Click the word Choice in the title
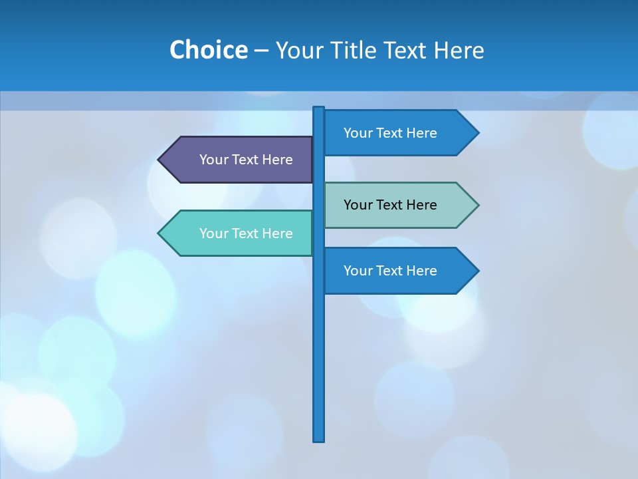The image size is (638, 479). [208, 50]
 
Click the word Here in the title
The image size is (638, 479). [459, 50]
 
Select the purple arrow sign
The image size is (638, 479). [239, 160]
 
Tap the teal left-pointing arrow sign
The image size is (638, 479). [239, 234]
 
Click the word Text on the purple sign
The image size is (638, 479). [246, 160]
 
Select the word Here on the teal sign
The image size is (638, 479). [277, 234]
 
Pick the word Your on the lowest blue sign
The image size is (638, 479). [358, 271]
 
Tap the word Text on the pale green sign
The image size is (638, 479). [390, 205]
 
